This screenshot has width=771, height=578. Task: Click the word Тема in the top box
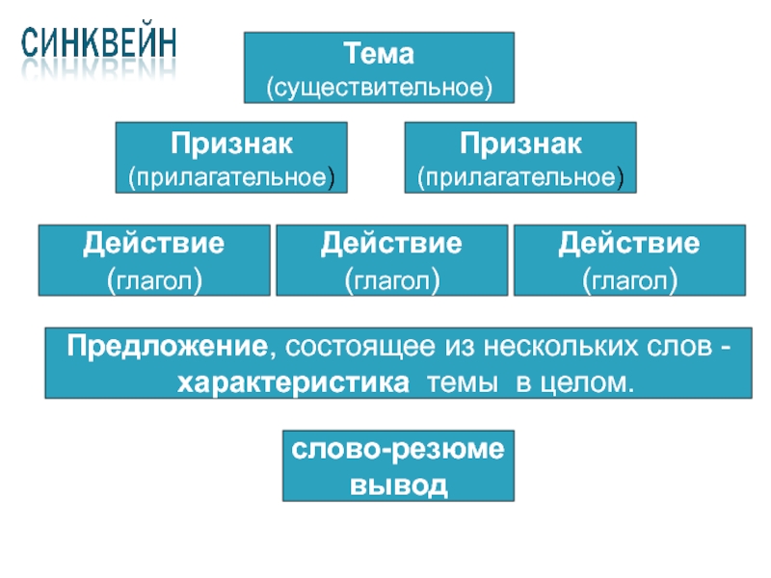[x=379, y=54]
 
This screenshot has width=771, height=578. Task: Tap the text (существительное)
[x=379, y=87]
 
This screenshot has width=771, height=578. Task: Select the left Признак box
[x=231, y=158]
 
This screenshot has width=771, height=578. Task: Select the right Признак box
[x=519, y=158]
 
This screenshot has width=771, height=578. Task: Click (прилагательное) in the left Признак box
[x=231, y=177]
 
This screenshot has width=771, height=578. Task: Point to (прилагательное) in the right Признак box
[x=519, y=177]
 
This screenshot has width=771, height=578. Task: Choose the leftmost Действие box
[x=153, y=260]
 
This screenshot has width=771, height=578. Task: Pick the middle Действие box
[x=391, y=260]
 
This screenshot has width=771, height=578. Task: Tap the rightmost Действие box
[x=629, y=260]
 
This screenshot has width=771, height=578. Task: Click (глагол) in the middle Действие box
[x=391, y=280]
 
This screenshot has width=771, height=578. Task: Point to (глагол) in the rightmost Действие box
[x=629, y=280]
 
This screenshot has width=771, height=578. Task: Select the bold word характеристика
[x=292, y=381]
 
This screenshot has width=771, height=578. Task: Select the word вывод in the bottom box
[x=398, y=483]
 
